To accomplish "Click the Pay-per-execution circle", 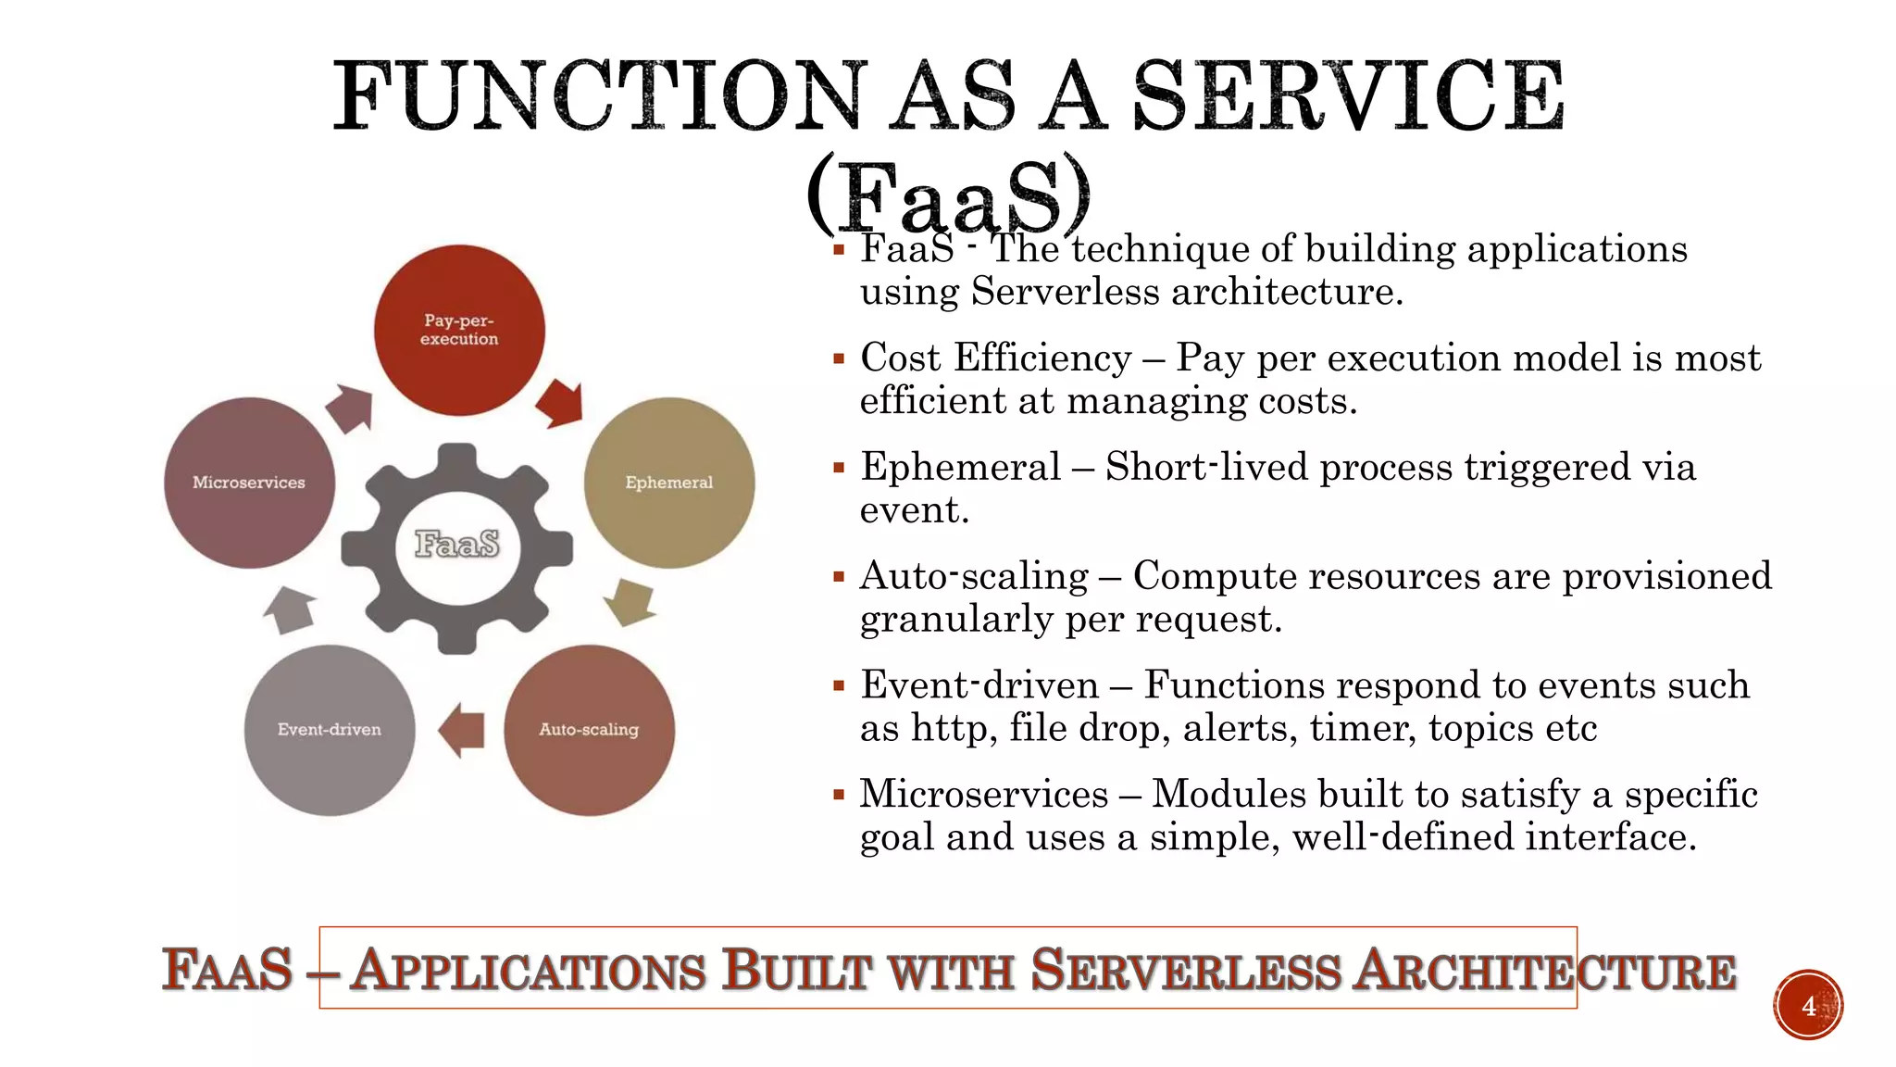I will point(459,330).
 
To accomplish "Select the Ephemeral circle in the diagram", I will point(669,483).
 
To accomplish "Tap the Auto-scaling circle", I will point(589,730).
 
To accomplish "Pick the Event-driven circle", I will point(330,730).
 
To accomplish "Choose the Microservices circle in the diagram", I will point(249,483).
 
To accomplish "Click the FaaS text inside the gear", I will point(457,544).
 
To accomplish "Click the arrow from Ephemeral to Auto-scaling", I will point(630,602).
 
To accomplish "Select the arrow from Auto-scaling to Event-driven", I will point(462,730).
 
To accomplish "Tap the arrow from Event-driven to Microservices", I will point(290,609).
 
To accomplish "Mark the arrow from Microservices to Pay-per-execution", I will point(350,408).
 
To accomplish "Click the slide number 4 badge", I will point(1808,1005).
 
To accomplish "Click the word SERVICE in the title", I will point(1348,96).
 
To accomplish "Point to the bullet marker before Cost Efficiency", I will point(839,358).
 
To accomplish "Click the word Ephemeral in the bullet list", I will point(960,467).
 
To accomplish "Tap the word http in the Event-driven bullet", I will point(954,728).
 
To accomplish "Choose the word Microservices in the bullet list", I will point(983,795).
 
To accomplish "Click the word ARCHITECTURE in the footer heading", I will point(1544,971).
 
